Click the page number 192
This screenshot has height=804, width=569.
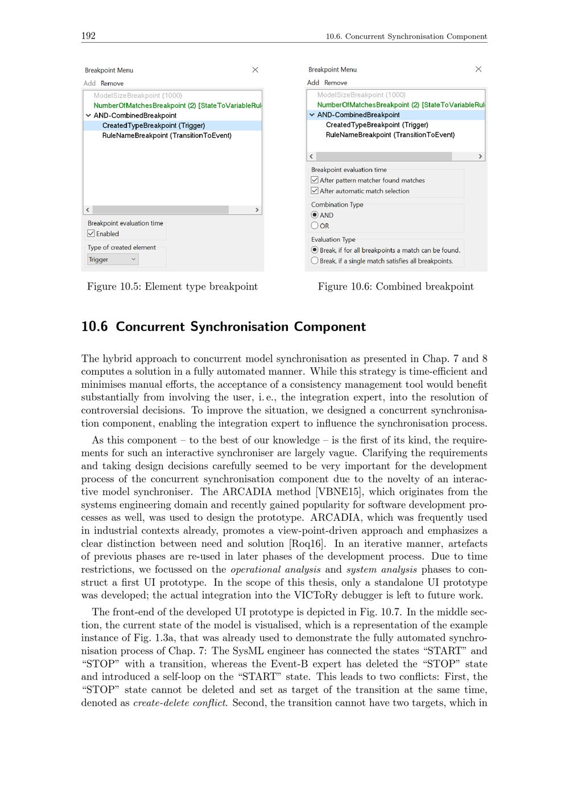point(88,36)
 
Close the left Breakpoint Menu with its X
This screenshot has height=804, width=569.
point(255,70)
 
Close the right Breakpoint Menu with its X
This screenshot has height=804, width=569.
point(479,69)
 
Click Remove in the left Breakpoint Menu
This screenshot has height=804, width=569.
point(112,84)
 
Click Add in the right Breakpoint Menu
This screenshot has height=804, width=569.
point(313,82)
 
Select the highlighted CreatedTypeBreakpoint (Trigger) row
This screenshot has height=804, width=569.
point(154,126)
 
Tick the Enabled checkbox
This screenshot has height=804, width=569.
point(91,234)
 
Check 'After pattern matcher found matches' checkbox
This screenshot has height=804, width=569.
point(315,180)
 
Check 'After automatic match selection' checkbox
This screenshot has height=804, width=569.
point(315,191)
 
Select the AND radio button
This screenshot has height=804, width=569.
point(315,215)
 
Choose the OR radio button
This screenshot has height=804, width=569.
point(315,226)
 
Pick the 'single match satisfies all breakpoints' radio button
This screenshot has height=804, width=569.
point(315,261)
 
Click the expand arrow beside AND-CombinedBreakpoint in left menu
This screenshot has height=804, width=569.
point(88,115)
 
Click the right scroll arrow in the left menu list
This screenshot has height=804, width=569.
point(257,210)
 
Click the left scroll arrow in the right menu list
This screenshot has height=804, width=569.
point(311,156)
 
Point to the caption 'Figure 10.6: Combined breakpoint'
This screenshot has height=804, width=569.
point(395,287)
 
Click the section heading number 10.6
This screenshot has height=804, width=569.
point(94,327)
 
